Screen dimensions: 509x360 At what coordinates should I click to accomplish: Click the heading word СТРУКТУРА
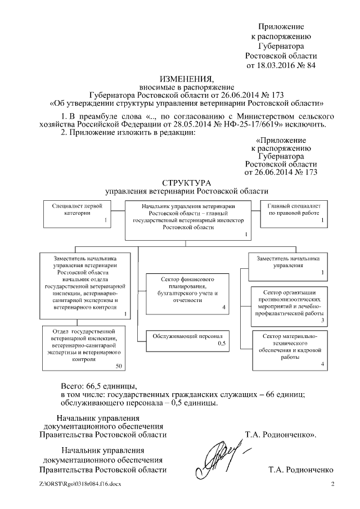(x=186, y=183)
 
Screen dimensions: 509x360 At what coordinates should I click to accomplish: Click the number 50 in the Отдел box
(x=118, y=366)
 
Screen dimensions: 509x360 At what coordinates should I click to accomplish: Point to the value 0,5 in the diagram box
(x=222, y=343)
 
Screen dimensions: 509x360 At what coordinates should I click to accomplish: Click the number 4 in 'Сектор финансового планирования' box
(x=223, y=308)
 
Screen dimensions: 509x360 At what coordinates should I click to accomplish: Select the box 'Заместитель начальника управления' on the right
(x=289, y=265)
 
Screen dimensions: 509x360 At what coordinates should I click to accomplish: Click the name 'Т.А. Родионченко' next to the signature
(x=301, y=470)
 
